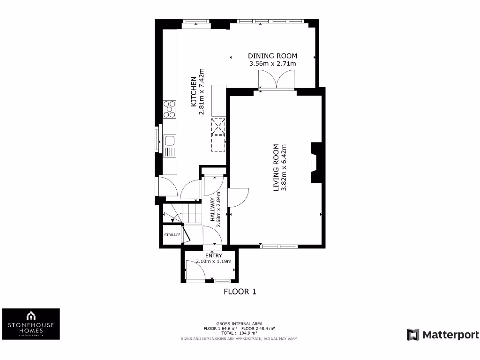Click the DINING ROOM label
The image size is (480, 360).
(x=272, y=56)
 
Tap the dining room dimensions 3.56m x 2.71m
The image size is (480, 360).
(x=272, y=64)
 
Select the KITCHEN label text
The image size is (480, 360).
(x=193, y=92)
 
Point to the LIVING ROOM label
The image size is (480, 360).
(x=276, y=167)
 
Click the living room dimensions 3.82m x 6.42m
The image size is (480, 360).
(x=283, y=167)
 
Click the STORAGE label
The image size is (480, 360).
(x=172, y=235)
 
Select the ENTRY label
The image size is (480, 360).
(x=214, y=255)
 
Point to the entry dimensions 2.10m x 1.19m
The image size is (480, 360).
(x=214, y=262)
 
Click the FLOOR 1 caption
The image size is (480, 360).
(x=240, y=292)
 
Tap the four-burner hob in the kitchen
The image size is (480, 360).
(x=170, y=109)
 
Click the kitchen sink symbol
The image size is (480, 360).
(x=169, y=141)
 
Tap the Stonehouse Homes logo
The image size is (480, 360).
(x=31, y=324)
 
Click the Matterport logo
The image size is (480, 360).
(x=442, y=335)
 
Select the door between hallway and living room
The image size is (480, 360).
(x=238, y=197)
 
